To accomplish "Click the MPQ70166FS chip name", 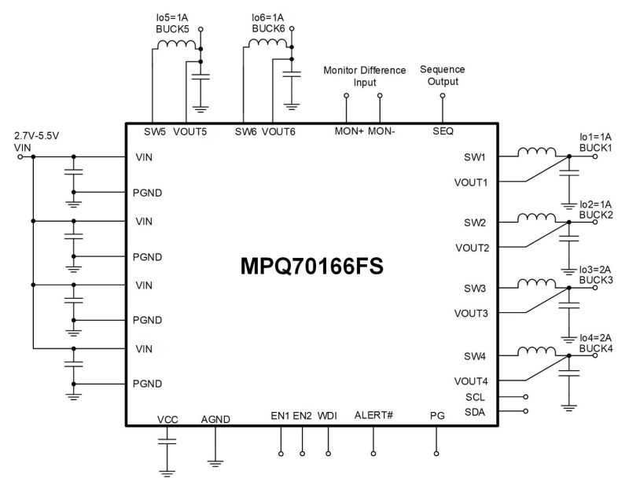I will point(312,268).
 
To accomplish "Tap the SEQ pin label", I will point(443,131).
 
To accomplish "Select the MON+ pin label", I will point(349,131).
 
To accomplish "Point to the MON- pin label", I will point(381,131).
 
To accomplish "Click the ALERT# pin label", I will point(373,415).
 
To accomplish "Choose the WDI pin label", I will point(327,415).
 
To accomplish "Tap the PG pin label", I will point(437,415).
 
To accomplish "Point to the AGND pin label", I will point(215,419).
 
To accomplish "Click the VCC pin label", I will point(167,419).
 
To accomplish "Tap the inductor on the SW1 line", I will point(538,153).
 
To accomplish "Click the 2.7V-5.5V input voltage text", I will point(37,135).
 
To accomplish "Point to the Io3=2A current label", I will point(595,269).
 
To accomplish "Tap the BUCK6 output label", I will point(267,28).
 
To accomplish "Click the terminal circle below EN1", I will point(281,454).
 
